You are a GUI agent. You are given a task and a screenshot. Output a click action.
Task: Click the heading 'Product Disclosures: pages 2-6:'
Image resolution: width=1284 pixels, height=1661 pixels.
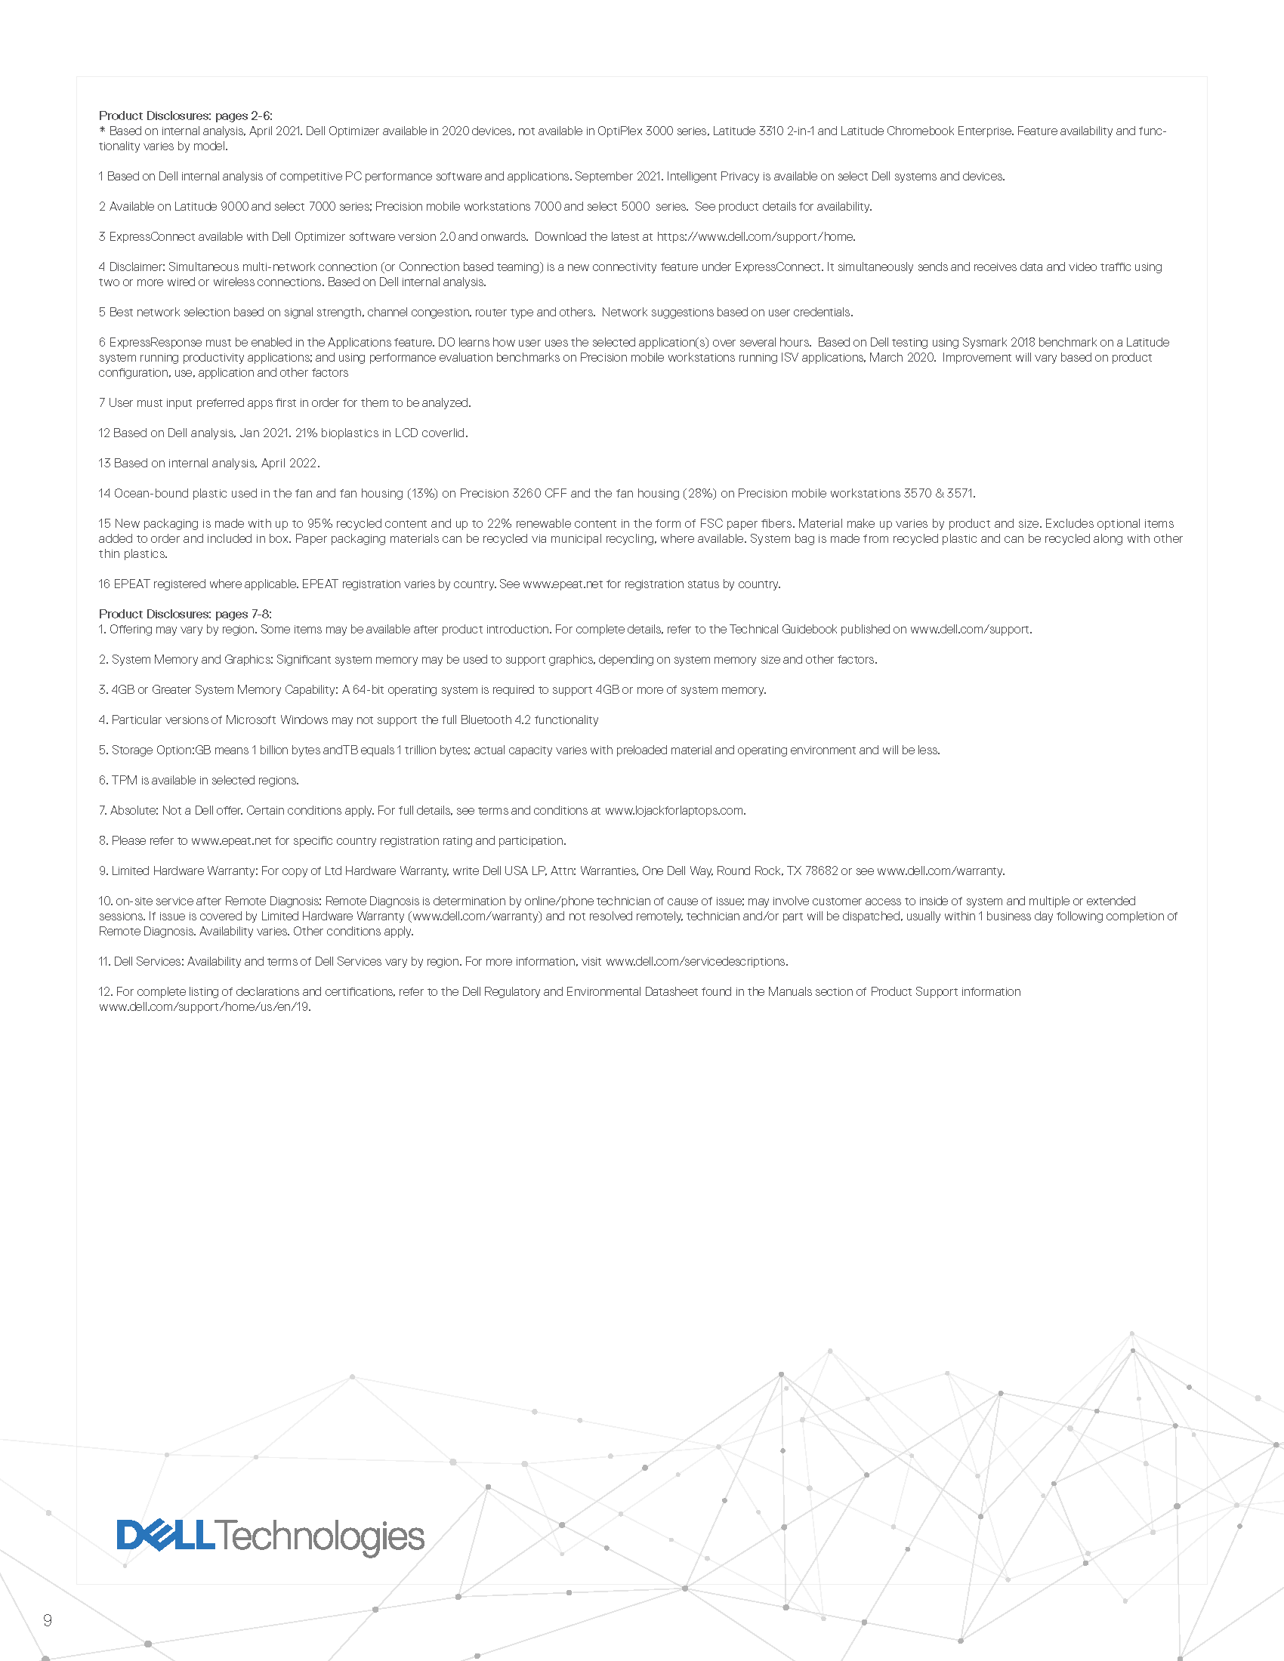click(x=186, y=116)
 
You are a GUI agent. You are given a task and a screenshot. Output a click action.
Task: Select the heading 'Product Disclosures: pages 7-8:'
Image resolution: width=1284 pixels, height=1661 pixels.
click(x=185, y=614)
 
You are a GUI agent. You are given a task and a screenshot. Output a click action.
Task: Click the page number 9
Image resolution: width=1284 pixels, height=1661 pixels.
click(x=48, y=1621)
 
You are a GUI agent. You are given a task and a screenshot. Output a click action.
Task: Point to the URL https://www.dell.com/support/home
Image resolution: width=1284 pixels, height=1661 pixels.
click(x=755, y=236)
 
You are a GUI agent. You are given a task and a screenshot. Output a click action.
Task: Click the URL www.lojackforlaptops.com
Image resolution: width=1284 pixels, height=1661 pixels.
click(x=674, y=810)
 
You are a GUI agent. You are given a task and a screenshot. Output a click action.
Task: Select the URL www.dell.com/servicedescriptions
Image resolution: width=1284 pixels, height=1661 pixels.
click(x=696, y=961)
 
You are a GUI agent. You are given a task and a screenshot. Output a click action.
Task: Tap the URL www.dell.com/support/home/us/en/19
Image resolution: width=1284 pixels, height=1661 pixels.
click(x=204, y=1007)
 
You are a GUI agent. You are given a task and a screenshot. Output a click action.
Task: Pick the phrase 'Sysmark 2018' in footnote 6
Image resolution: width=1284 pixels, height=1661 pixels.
click(x=997, y=342)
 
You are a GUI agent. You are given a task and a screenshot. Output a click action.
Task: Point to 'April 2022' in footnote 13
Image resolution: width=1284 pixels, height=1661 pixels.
click(x=290, y=463)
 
